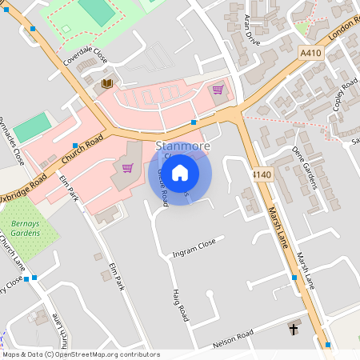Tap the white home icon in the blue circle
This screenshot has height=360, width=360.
pos(180,172)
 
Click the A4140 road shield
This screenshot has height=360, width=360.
pos(261,174)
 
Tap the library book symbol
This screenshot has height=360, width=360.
pos(106,83)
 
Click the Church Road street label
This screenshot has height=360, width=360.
pos(83,149)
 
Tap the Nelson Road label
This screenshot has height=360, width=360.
pos(233,338)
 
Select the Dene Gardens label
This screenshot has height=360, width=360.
pos(305,167)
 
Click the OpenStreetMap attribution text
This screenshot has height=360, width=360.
pos(80,354)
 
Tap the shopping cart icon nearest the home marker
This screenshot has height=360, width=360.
pos(127,168)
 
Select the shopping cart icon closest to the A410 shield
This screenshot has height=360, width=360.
pos(218,90)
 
